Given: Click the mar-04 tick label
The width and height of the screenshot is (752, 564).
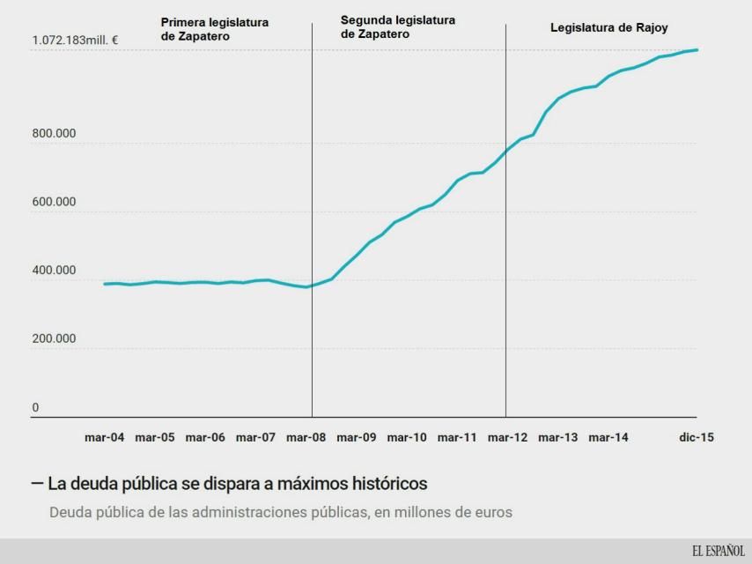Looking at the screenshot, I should tap(105, 437).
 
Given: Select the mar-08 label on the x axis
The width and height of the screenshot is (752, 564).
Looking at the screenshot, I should tap(306, 437).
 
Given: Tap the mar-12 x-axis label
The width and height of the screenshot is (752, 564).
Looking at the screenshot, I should tap(507, 437).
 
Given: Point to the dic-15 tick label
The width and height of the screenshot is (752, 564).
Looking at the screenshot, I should tap(696, 437).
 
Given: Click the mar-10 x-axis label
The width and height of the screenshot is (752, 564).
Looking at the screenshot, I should tap(407, 437).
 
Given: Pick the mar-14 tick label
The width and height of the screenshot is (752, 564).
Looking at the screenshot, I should tap(608, 437).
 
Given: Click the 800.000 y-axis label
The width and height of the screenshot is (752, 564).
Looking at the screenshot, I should tap(54, 134).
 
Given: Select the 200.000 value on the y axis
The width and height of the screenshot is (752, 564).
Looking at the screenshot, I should tap(54, 338).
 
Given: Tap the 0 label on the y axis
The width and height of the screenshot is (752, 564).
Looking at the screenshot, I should tap(36, 407).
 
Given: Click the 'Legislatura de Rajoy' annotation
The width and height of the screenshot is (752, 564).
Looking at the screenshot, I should tap(608, 28).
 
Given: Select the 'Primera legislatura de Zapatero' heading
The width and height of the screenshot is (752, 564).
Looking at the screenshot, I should tap(214, 29).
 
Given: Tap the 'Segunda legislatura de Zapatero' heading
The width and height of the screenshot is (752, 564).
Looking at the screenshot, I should tap(398, 26).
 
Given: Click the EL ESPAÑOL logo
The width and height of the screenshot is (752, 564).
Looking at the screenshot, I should tap(718, 551).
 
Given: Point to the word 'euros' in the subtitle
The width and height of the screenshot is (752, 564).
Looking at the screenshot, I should tap(490, 512).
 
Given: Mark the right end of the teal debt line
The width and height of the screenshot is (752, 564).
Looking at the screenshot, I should tap(697, 50).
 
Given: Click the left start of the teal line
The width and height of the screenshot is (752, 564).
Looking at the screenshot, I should tap(104, 284).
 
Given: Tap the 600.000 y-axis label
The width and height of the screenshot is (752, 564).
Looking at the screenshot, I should tap(54, 202).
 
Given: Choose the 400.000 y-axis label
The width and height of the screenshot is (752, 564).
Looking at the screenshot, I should tap(54, 271).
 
